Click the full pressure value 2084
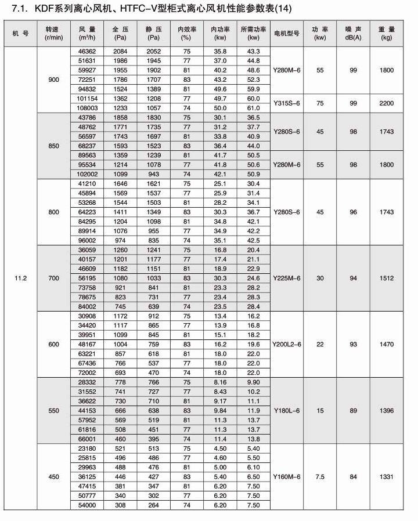pos(120,52)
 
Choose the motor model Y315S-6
pos(287,103)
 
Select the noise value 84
pos(350,477)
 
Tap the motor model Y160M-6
pos(287,477)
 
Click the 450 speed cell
pos(54,477)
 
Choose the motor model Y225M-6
pos(287,278)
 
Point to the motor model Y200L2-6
pos(287,345)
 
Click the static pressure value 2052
pos(153,52)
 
